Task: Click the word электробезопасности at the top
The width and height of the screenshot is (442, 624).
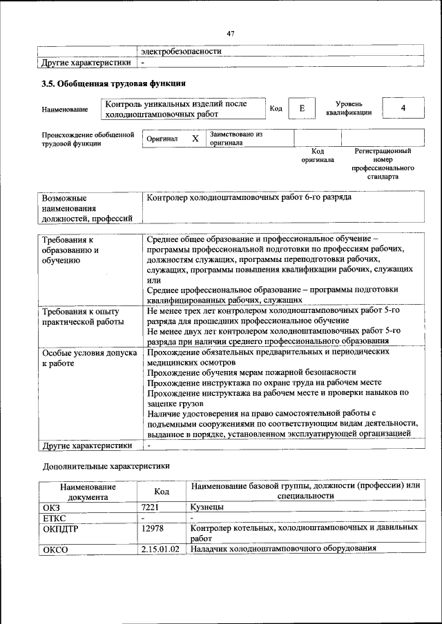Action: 181,51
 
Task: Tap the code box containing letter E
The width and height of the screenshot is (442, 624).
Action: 301,108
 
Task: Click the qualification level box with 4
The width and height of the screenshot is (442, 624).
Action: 403,108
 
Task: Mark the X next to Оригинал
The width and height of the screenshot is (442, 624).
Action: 195,138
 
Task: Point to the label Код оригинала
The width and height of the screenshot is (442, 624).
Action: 318,155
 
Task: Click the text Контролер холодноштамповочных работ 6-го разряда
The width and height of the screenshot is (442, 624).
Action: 249,197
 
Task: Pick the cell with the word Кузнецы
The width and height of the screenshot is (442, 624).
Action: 207,507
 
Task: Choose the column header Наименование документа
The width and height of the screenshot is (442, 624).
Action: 87,491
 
